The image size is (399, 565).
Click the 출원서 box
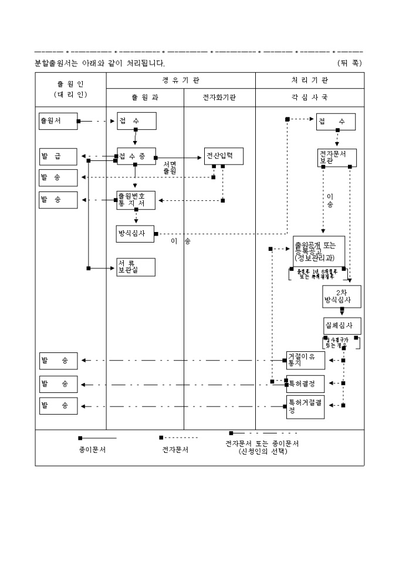pyautogui.click(x=58, y=121)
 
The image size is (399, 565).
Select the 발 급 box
pyautogui.click(x=58, y=156)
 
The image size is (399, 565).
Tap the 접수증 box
pyautogui.click(x=136, y=156)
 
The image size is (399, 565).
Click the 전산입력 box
pyautogui.click(x=223, y=156)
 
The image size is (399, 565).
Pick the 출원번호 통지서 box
pyautogui.click(x=136, y=200)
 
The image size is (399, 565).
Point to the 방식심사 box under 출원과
pyautogui.click(x=136, y=233)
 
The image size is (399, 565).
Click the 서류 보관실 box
pyautogui.click(x=136, y=267)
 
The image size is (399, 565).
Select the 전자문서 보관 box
pyautogui.click(x=337, y=157)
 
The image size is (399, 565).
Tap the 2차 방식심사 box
pyautogui.click(x=341, y=297)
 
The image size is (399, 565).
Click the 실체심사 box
pyautogui.click(x=342, y=325)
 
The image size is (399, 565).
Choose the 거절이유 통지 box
pyautogui.click(x=305, y=360)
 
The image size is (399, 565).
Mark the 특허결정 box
pyautogui.click(x=305, y=384)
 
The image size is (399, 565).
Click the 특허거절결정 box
pyautogui.click(x=305, y=406)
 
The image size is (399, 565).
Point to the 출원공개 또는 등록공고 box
pyautogui.click(x=319, y=251)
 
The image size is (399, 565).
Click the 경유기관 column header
pyautogui.click(x=181, y=80)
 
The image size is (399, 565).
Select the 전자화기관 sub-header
pyautogui.click(x=219, y=97)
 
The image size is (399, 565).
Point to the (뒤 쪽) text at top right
pyautogui.click(x=350, y=62)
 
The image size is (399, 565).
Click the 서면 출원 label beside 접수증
pyautogui.click(x=170, y=167)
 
